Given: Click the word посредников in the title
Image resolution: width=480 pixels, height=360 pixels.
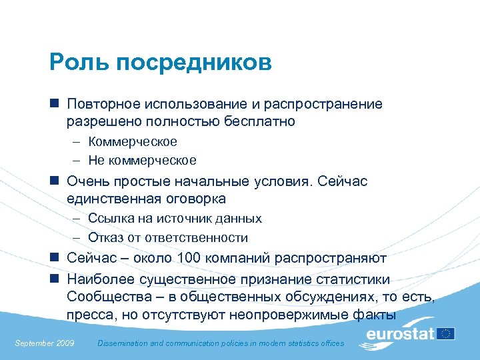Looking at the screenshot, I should (x=194, y=63).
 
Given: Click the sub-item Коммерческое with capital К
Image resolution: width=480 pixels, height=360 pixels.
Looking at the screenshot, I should (x=133, y=141).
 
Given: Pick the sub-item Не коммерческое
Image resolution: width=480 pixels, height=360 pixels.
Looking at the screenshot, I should (x=142, y=160).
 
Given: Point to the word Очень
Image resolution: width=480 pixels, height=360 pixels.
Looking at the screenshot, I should (x=87, y=181).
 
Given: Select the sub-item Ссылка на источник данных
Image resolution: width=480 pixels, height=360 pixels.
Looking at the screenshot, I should (x=175, y=218).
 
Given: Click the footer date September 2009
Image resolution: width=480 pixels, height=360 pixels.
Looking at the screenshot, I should (x=45, y=343).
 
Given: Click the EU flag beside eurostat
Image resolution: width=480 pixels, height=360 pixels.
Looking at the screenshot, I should (x=445, y=333).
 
